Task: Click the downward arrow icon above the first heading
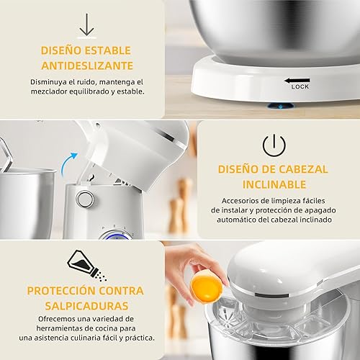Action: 87,24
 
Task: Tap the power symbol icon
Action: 274,145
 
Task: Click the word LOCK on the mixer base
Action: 300,86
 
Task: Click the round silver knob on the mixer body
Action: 86,199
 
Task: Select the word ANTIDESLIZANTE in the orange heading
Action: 86,66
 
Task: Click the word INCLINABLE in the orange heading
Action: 274,185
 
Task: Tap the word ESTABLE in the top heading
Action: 113,50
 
